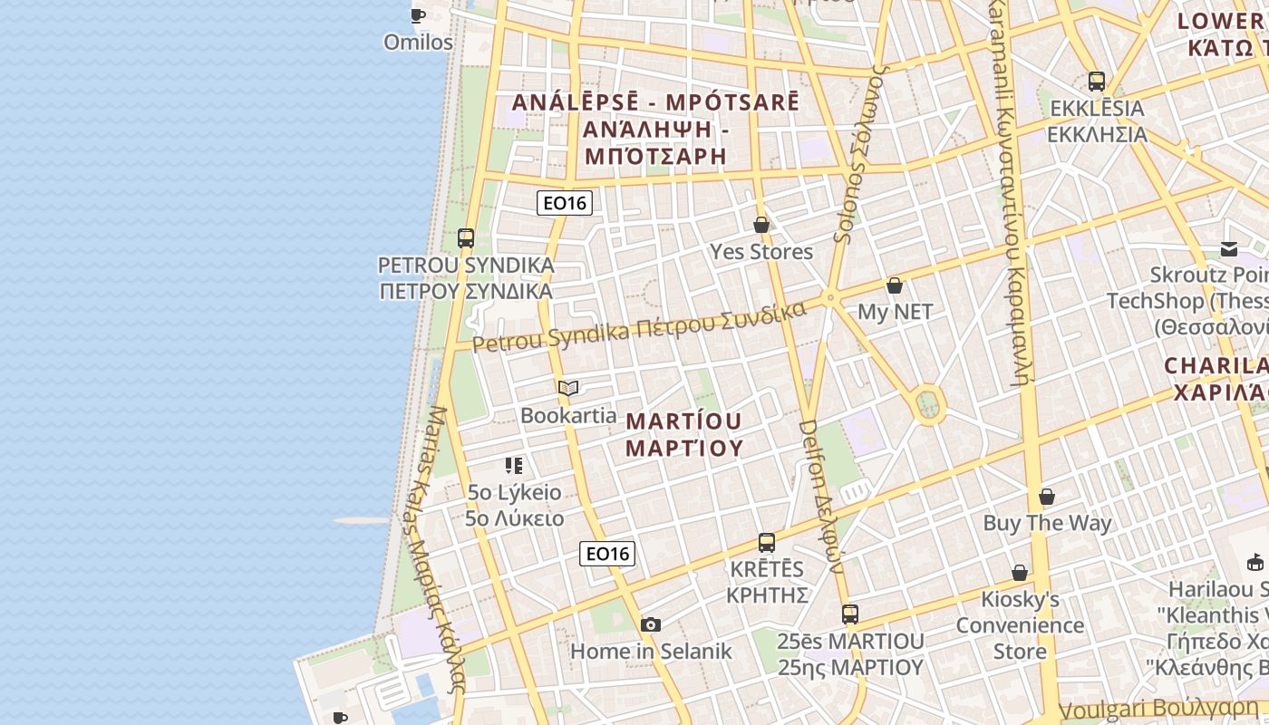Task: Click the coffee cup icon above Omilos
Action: (x=418, y=15)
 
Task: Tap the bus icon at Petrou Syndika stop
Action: (x=466, y=238)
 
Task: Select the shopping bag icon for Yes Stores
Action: (x=761, y=225)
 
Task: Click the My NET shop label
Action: (x=895, y=312)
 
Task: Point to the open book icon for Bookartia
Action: (x=568, y=389)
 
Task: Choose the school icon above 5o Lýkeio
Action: (x=514, y=466)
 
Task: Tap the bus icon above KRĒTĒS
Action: (x=767, y=543)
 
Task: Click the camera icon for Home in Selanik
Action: (x=650, y=624)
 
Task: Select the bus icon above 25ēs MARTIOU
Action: (x=850, y=614)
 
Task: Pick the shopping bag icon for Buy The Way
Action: (x=1047, y=497)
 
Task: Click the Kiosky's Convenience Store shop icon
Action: (x=1020, y=573)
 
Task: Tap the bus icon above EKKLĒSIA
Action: (x=1097, y=82)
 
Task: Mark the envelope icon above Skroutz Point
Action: (x=1229, y=249)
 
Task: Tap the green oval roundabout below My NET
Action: (x=926, y=404)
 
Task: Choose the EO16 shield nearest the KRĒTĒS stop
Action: (x=607, y=554)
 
